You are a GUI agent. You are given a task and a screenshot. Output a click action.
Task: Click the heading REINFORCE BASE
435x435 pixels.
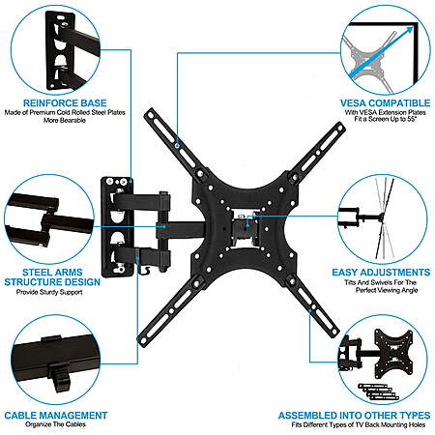(65, 103)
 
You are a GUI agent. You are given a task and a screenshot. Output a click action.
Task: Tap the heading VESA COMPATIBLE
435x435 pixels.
(385, 103)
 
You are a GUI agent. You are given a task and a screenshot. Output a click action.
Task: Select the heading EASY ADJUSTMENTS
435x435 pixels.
(381, 273)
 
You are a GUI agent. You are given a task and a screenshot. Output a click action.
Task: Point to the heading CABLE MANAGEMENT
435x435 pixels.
(56, 416)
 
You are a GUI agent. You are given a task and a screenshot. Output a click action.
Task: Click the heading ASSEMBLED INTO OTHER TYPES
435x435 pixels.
(354, 416)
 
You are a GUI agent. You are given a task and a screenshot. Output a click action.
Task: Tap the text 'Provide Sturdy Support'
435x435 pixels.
(49, 292)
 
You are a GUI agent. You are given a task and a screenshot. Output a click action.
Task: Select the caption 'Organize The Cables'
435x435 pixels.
(56, 424)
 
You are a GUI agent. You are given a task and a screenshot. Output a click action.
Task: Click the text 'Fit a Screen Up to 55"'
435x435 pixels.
(386, 119)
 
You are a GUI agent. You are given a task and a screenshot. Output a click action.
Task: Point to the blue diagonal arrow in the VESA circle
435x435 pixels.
(381, 52)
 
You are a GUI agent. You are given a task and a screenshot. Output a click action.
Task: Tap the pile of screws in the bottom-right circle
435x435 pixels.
(379, 391)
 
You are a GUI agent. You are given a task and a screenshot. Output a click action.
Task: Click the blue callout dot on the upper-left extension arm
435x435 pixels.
(177, 145)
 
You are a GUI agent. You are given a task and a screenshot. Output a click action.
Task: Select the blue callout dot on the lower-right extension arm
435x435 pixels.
(310, 311)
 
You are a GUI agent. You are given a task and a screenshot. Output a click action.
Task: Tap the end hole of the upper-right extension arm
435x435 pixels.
(340, 129)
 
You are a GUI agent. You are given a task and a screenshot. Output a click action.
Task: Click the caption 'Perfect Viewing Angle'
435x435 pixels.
(387, 290)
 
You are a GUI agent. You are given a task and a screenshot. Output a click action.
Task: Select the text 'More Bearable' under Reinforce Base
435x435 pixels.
(65, 120)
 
